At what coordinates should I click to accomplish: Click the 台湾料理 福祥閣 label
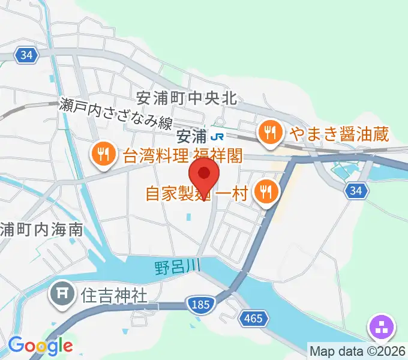[182, 156]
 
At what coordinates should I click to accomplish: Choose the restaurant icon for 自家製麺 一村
[265, 192]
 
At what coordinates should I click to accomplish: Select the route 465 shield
[253, 318]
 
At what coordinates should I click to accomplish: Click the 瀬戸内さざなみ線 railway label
[116, 113]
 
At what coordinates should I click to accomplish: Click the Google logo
[40, 346]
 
